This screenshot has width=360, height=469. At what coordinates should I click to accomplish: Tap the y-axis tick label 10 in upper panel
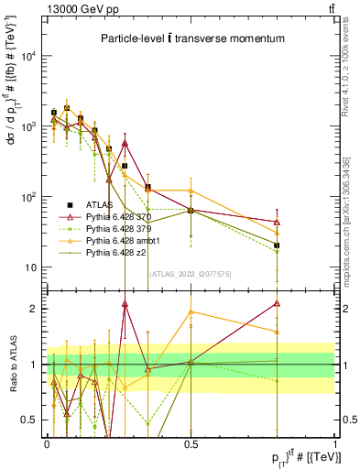pos(33,267)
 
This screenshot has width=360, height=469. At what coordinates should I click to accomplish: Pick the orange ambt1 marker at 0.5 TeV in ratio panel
pos(191,311)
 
